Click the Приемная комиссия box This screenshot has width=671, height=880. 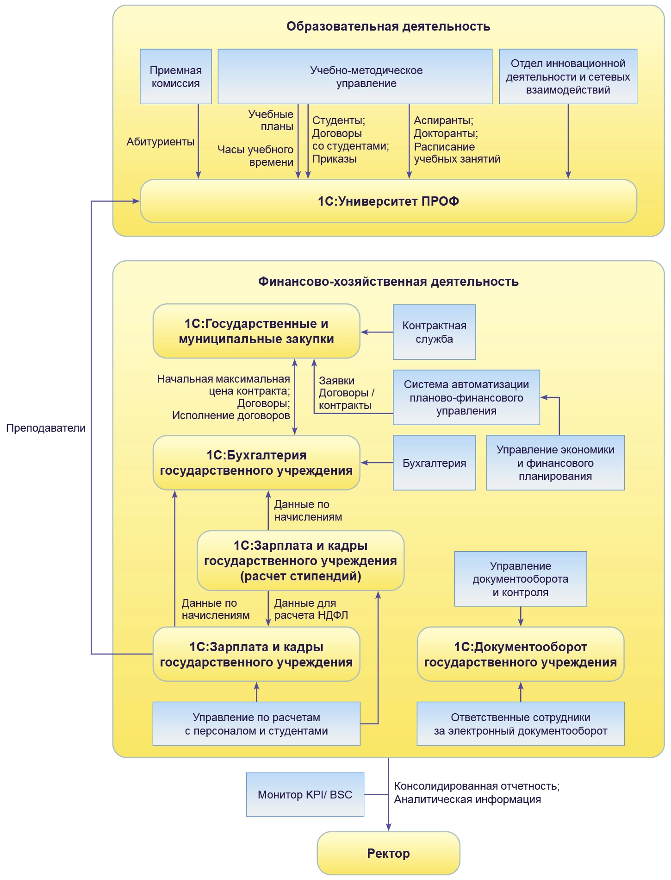(x=176, y=76)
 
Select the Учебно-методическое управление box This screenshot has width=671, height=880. (x=355, y=76)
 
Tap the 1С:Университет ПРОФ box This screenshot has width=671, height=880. (x=388, y=201)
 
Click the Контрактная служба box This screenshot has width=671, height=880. (x=434, y=332)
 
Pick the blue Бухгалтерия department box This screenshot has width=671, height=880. (x=434, y=463)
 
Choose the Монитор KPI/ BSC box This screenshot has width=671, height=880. (x=305, y=794)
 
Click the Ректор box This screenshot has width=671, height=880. (x=388, y=853)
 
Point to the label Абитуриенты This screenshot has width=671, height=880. (x=160, y=142)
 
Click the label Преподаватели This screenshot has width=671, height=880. (x=46, y=428)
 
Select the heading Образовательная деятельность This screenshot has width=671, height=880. (x=388, y=26)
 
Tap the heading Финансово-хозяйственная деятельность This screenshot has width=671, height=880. (x=388, y=282)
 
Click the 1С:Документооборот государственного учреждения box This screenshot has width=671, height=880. (x=521, y=654)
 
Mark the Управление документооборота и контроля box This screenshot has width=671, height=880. (x=521, y=579)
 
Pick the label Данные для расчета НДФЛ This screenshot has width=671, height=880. (x=311, y=609)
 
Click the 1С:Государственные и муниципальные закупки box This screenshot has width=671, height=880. (x=256, y=331)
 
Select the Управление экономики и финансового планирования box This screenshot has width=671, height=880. (x=555, y=463)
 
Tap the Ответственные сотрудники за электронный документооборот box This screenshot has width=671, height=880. (x=521, y=724)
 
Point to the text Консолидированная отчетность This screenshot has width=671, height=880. (x=477, y=786)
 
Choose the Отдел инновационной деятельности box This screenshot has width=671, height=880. (x=568, y=76)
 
